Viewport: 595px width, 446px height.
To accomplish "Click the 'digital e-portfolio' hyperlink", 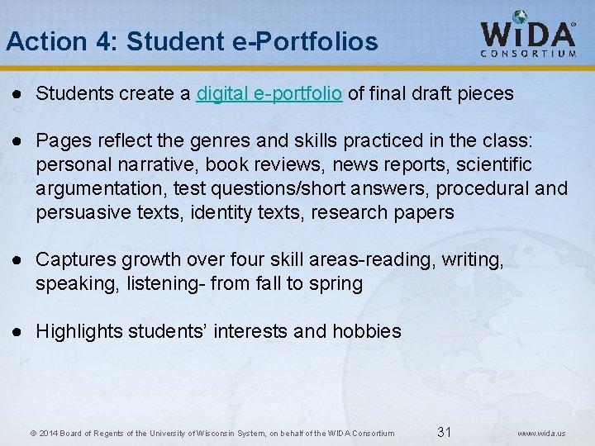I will coord(269,94).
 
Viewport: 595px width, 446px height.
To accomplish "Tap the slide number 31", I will coord(444,432).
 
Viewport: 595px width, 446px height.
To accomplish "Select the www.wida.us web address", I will coord(541,433).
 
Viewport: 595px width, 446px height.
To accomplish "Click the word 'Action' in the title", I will coord(36,40).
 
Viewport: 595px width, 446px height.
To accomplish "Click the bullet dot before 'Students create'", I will coord(17,94).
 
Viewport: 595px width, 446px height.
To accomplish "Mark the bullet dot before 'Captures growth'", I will coord(17,260).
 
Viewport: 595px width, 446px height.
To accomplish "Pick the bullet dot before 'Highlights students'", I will coord(17,332).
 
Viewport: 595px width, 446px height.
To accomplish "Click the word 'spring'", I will coord(336,284).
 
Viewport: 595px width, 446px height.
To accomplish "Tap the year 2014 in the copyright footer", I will coord(46,433).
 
